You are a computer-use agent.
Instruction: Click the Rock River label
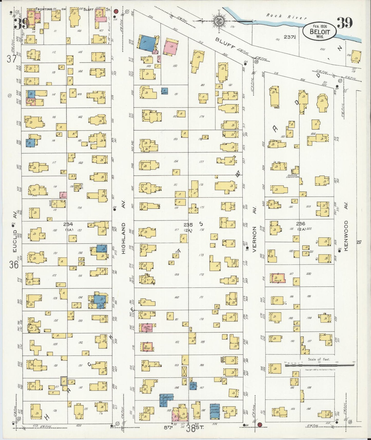click(x=286, y=17)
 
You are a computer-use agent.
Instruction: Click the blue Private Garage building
click(x=215, y=412)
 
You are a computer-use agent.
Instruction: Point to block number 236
click(x=300, y=224)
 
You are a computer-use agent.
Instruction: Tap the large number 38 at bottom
click(x=191, y=429)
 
